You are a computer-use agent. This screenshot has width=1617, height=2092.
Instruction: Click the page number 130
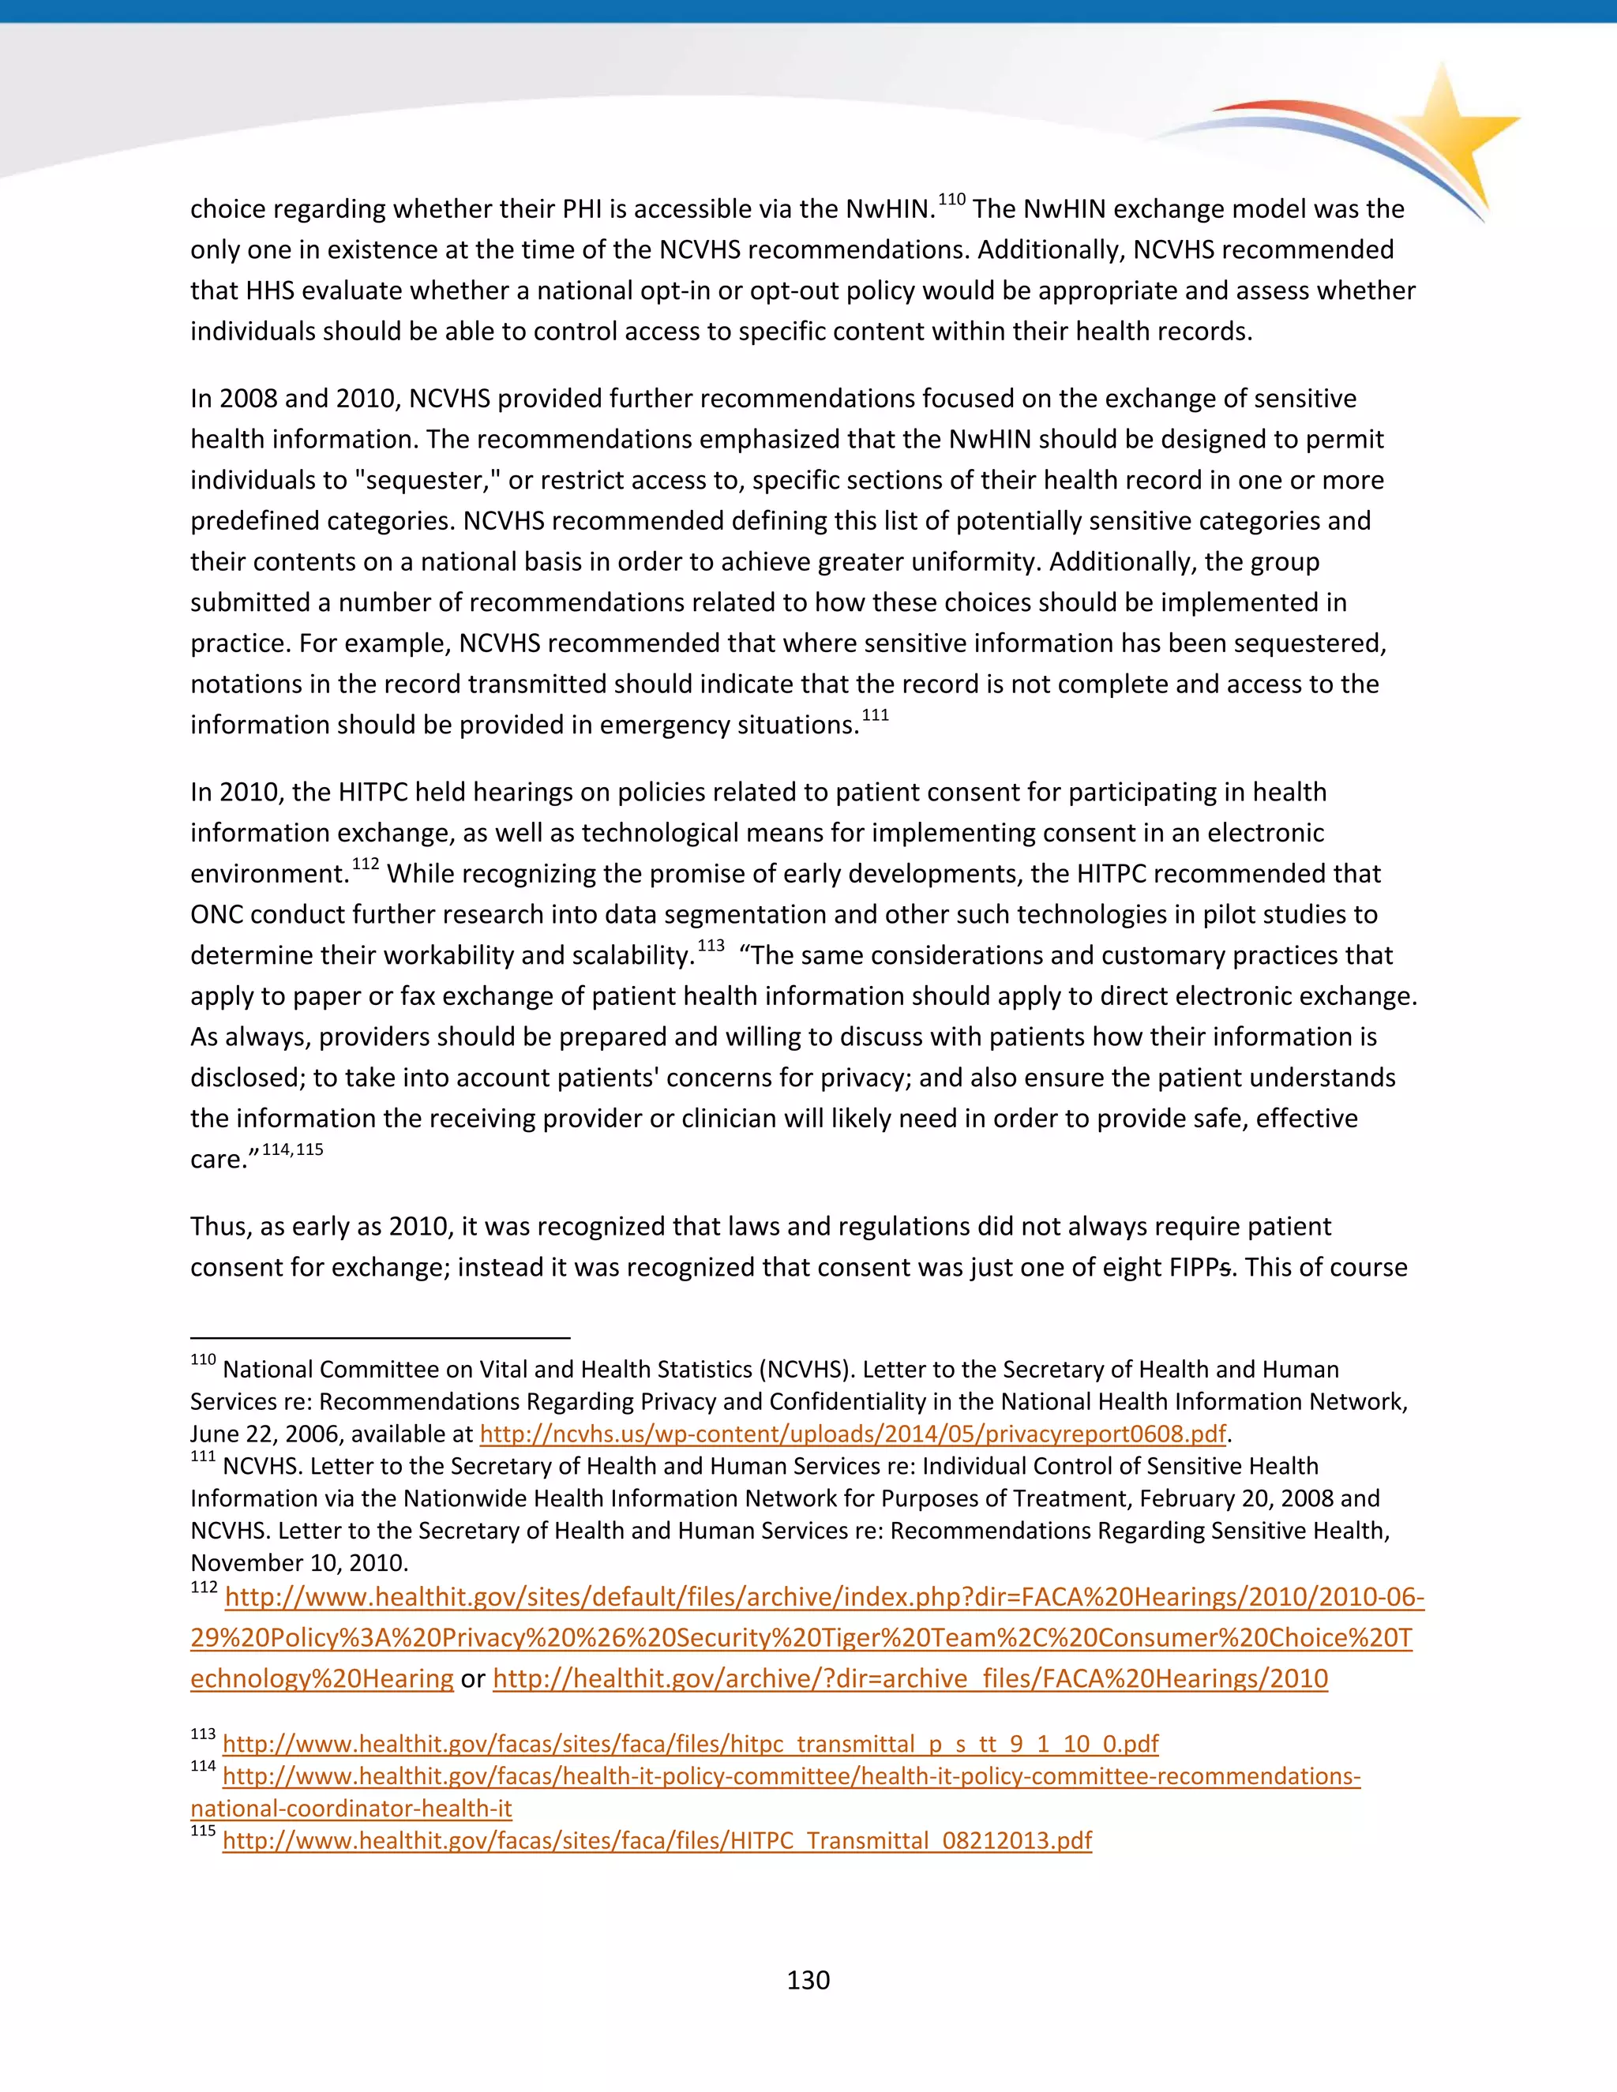(x=808, y=1979)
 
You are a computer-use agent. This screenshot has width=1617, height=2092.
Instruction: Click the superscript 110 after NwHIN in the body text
(x=951, y=199)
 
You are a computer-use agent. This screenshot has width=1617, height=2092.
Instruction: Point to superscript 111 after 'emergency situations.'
(x=875, y=715)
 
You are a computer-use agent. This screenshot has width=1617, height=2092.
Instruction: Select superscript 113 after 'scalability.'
(x=710, y=947)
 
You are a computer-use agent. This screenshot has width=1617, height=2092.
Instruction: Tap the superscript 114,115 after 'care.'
(x=292, y=1149)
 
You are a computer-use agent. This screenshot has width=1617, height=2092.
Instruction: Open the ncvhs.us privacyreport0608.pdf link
(x=853, y=1434)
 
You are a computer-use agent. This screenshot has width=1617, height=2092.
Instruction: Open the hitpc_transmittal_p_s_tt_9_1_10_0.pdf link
(x=690, y=1743)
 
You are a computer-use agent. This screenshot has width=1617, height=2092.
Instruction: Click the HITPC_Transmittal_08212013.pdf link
(x=656, y=1840)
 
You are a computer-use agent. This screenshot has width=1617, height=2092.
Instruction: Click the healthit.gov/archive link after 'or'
(x=910, y=1679)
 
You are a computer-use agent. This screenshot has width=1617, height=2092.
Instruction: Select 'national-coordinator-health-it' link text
(x=351, y=1809)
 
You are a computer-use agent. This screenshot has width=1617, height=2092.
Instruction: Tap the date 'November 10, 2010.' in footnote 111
(x=299, y=1562)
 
